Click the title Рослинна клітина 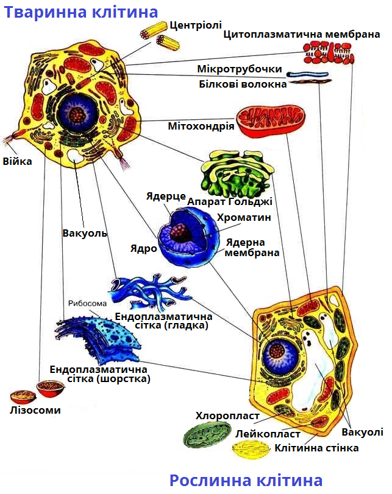click(246, 481)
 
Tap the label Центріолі click(194, 26)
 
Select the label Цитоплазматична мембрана click(302, 35)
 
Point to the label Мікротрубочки click(240, 69)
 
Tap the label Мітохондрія click(201, 126)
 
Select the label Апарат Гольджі click(230, 201)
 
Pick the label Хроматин click(243, 217)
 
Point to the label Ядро click(143, 249)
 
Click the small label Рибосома click(87, 304)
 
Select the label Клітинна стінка click(316, 448)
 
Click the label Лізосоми click(35, 410)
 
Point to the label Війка click(17, 162)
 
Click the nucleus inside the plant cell click(278, 352)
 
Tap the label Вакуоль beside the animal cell click(84, 233)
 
